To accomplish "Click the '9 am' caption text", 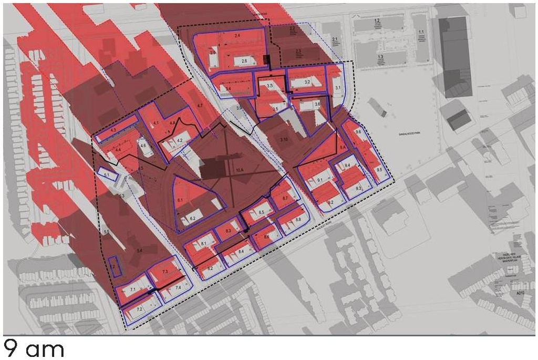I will [x=34, y=348].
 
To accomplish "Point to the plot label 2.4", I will [x=237, y=35].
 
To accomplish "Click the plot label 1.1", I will [x=421, y=33].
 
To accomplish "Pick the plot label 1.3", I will [x=380, y=56].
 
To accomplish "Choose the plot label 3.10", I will [x=284, y=139].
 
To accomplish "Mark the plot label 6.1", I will [x=180, y=200].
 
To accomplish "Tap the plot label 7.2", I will [x=139, y=310].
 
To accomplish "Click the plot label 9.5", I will [x=379, y=170].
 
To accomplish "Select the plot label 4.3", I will [x=113, y=129].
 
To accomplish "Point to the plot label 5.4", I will [x=139, y=251].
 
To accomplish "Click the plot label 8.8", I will [x=298, y=219].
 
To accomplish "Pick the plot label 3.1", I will [x=338, y=88].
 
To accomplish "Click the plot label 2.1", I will [x=335, y=39].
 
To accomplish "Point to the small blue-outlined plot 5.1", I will [x=107, y=175].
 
